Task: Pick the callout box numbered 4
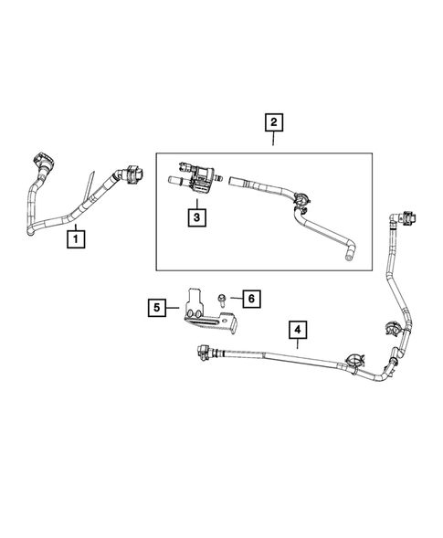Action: click(298, 329)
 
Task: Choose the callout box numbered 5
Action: click(159, 308)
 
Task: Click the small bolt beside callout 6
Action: click(223, 299)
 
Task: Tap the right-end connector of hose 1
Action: click(132, 174)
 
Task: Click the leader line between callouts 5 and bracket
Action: click(176, 308)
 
